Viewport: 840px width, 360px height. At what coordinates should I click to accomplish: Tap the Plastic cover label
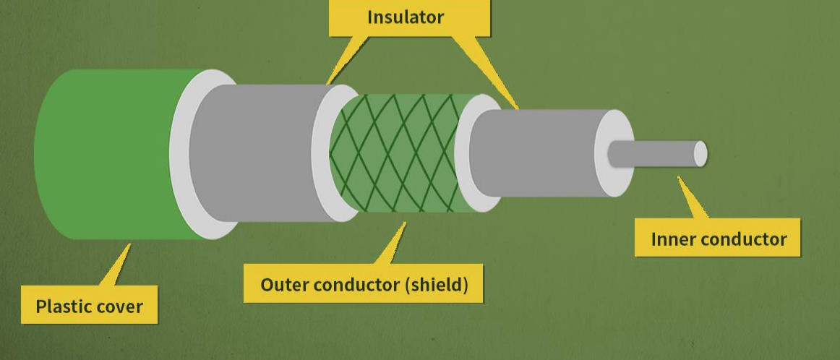tap(89, 306)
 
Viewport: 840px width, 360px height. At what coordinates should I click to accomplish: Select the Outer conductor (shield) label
tap(364, 284)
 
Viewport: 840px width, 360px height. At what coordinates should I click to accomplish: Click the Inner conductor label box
tap(718, 239)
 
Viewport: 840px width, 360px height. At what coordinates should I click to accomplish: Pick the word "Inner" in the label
tap(672, 239)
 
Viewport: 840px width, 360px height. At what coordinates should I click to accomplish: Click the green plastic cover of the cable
tap(101, 153)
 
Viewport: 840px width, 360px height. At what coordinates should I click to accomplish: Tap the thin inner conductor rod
tap(654, 154)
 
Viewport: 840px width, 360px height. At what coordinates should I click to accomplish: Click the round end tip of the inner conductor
tap(700, 154)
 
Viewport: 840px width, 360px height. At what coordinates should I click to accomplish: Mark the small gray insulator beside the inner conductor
tap(535, 153)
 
